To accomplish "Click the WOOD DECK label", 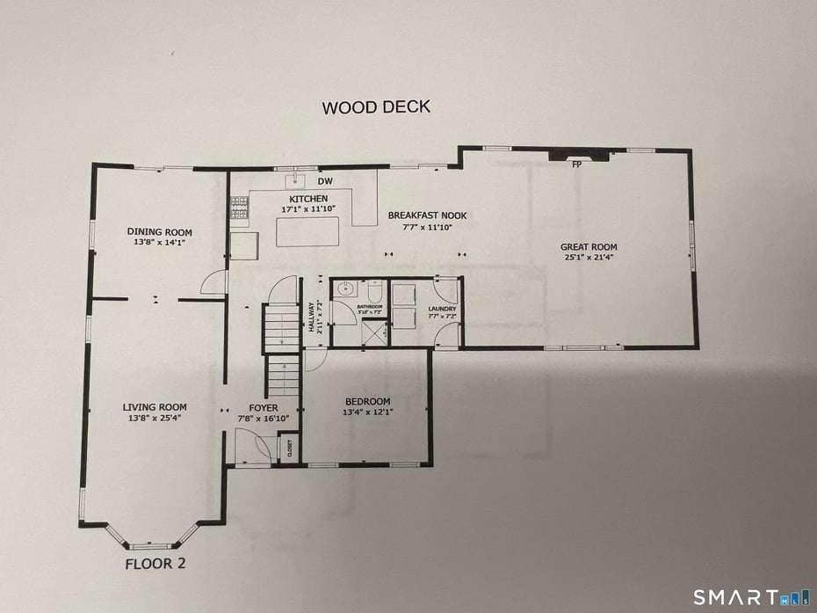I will pos(376,108).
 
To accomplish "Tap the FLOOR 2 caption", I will pos(155,564).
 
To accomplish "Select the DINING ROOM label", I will pos(159,231).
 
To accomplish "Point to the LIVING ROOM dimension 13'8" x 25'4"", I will pos(155,418).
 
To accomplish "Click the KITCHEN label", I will pos(304,199).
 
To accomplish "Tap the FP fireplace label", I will pos(577,164).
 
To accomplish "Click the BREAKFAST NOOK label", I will pos(428,215).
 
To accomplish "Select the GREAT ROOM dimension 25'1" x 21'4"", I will pos(589,258).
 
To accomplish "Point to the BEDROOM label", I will pos(366,402).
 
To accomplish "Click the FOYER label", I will pos(264,408).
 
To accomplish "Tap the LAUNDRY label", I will pos(441,309).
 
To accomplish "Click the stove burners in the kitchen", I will pos(239,207).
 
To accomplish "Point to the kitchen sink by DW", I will pos(293,183).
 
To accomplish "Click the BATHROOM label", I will pos(370,308).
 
